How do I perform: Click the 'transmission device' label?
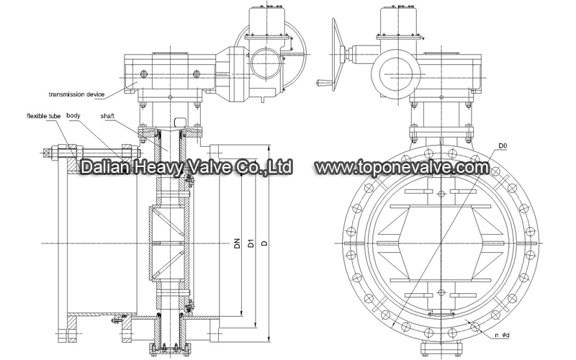tap(76, 94)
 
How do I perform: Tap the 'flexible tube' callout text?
tap(43, 116)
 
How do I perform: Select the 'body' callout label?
tap(73, 116)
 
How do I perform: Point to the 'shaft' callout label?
tap(107, 116)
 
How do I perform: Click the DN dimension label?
tap(237, 243)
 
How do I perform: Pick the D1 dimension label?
tap(251, 243)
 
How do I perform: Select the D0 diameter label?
tap(503, 146)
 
